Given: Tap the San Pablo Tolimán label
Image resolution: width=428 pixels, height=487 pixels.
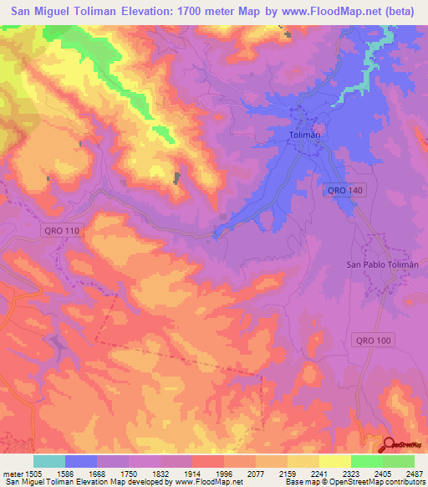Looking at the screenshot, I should (381, 264).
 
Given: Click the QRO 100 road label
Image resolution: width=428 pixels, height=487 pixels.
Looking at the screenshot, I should (373, 340).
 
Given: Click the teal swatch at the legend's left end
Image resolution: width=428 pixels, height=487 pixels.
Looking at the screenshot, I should (48, 461).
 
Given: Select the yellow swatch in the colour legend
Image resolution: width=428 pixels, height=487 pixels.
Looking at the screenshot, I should (334, 461).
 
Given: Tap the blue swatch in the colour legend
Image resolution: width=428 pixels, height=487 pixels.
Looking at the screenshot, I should (81, 461).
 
